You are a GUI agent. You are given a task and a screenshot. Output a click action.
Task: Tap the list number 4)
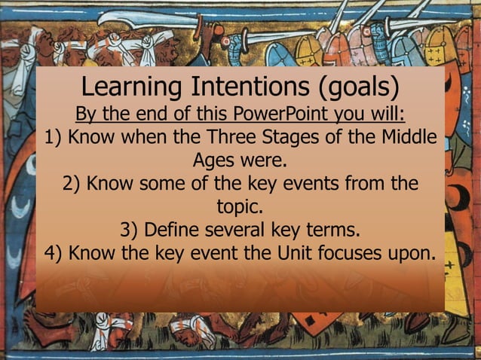pyautogui.click(x=55, y=252)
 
